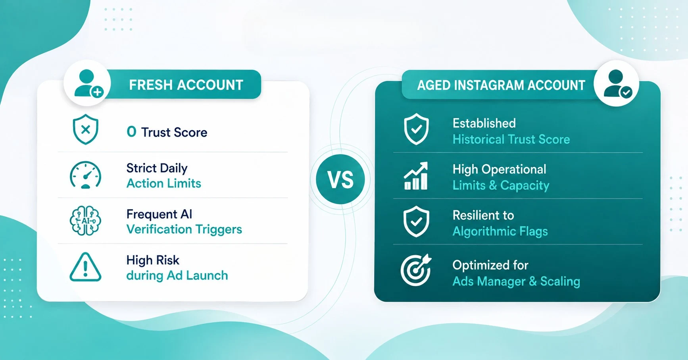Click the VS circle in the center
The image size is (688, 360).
pyautogui.click(x=340, y=179)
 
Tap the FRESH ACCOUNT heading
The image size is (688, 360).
pyautogui.click(x=186, y=85)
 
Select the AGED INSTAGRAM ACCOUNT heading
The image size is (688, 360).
pyautogui.click(x=501, y=85)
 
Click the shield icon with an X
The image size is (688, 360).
pyautogui.click(x=85, y=129)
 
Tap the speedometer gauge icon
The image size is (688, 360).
pyautogui.click(x=85, y=175)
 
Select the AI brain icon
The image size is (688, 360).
pyautogui.click(x=85, y=221)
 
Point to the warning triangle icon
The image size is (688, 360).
pyautogui.click(x=85, y=267)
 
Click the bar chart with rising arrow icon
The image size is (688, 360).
pyautogui.click(x=416, y=175)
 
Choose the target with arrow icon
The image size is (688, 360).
pyautogui.click(x=416, y=270)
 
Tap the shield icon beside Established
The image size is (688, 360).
pyautogui.click(x=416, y=129)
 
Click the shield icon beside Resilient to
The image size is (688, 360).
pyautogui.click(x=416, y=221)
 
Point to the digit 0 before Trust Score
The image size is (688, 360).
pyautogui.click(x=131, y=132)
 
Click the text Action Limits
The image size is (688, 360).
pyautogui.click(x=163, y=183)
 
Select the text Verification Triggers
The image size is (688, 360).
pyautogui.click(x=184, y=229)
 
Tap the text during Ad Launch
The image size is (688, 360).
pyautogui.click(x=177, y=275)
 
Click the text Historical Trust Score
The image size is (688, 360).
pyautogui.click(x=511, y=139)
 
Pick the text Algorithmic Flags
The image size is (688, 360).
pyautogui.click(x=500, y=231)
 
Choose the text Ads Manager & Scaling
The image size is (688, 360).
pyautogui.click(x=516, y=281)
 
